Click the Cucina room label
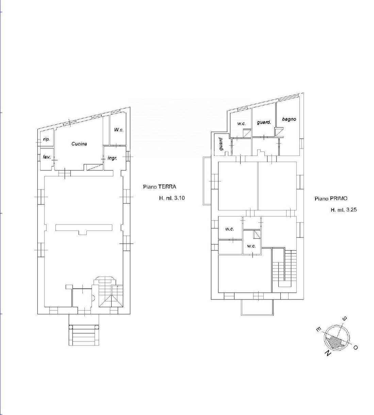coord(79,144)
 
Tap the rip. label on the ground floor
coord(47,139)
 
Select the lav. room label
coord(47,157)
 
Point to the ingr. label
coord(112,158)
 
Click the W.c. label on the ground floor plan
coord(119,130)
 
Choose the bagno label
coord(289,119)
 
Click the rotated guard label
coord(221,144)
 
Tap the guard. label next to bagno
coord(264,122)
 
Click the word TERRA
coord(167,187)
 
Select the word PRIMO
coord(339,199)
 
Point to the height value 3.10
coord(180,198)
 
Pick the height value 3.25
coord(352,210)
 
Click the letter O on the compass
coord(355,348)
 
